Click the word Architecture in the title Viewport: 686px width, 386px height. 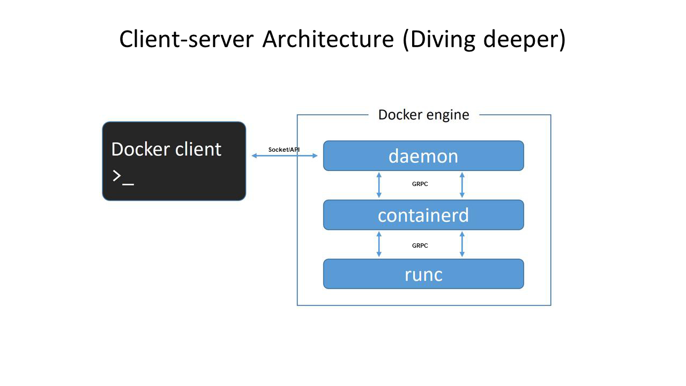(x=328, y=39)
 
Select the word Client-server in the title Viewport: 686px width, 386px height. (x=187, y=39)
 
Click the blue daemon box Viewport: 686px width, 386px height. (x=423, y=155)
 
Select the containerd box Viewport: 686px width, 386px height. (x=423, y=215)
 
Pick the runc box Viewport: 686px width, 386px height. (x=423, y=274)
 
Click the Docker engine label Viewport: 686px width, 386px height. (x=423, y=115)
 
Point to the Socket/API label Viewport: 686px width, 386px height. (x=284, y=150)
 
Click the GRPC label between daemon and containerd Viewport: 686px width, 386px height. (x=420, y=184)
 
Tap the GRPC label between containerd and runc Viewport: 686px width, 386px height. (x=420, y=246)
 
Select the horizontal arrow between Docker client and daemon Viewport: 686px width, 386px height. (x=285, y=155)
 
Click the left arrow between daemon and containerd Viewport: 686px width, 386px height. (x=379, y=185)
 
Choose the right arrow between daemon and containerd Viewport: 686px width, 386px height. (x=462, y=185)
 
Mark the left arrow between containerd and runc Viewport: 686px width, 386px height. (x=379, y=244)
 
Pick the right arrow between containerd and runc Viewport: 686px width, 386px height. (x=462, y=244)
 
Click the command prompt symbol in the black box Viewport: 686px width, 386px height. (x=123, y=177)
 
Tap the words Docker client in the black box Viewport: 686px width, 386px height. (x=166, y=150)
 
